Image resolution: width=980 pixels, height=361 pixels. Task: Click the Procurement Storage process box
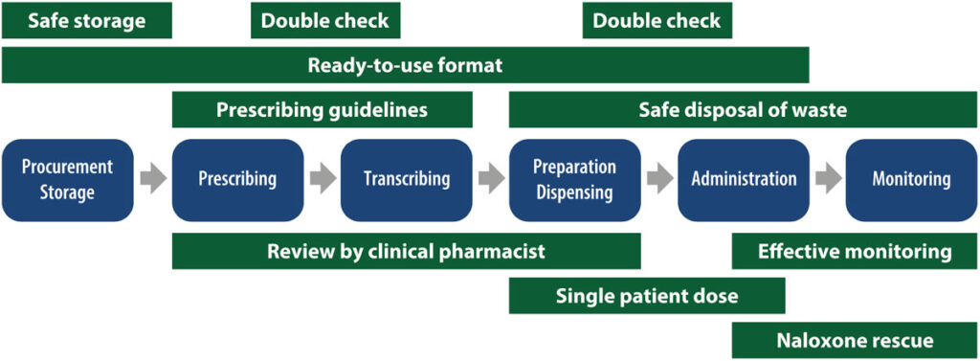coord(67,180)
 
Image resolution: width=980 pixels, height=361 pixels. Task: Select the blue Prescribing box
coord(237,180)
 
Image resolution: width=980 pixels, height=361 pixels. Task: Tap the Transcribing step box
coord(407,180)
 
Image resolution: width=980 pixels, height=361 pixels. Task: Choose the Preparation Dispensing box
coord(574,180)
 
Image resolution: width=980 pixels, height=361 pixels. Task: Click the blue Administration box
coord(744,180)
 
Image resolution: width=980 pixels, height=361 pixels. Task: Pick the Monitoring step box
coord(911,180)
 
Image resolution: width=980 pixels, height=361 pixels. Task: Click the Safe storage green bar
coord(87,21)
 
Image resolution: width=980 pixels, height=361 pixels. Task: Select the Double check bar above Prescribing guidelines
coord(325,21)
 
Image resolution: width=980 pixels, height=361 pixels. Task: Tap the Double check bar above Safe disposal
coord(657,21)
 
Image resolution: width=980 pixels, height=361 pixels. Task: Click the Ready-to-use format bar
coord(405,66)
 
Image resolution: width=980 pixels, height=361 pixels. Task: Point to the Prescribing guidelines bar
coord(322,110)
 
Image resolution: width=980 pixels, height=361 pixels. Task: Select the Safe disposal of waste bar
coord(743,110)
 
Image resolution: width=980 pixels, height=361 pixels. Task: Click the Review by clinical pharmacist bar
coord(406,252)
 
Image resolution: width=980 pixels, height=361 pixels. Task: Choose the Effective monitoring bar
coord(855,252)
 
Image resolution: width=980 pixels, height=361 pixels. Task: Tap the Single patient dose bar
coord(647,296)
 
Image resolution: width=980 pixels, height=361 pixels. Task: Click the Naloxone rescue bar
coord(855,340)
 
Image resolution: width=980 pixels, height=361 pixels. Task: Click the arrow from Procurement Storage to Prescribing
coord(152,178)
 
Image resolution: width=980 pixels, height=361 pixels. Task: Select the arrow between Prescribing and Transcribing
coord(323,178)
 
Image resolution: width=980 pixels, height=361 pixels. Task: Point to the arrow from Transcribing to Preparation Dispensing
coord(491,178)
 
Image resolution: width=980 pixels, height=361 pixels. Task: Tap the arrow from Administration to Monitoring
coord(828,178)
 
